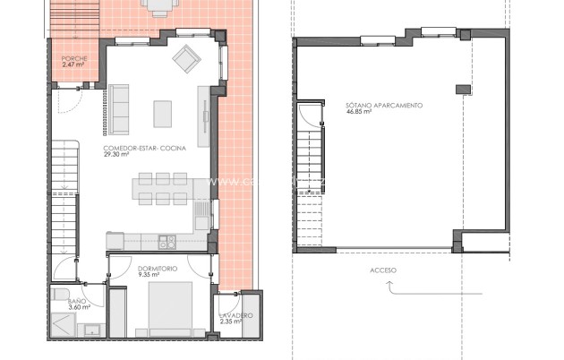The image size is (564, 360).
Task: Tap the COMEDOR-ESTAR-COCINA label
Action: (144, 148)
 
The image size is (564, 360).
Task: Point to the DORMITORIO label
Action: (157, 269)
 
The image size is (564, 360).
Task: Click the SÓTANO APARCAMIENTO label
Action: (384, 106)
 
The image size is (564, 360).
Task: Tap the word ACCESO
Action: (382, 270)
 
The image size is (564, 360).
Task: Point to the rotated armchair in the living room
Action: (186, 60)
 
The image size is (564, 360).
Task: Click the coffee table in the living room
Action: (162, 114)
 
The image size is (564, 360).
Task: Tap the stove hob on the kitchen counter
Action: (167, 242)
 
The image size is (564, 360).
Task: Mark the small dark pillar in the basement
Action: (462, 89)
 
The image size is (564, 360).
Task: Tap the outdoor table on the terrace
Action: (159, 7)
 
